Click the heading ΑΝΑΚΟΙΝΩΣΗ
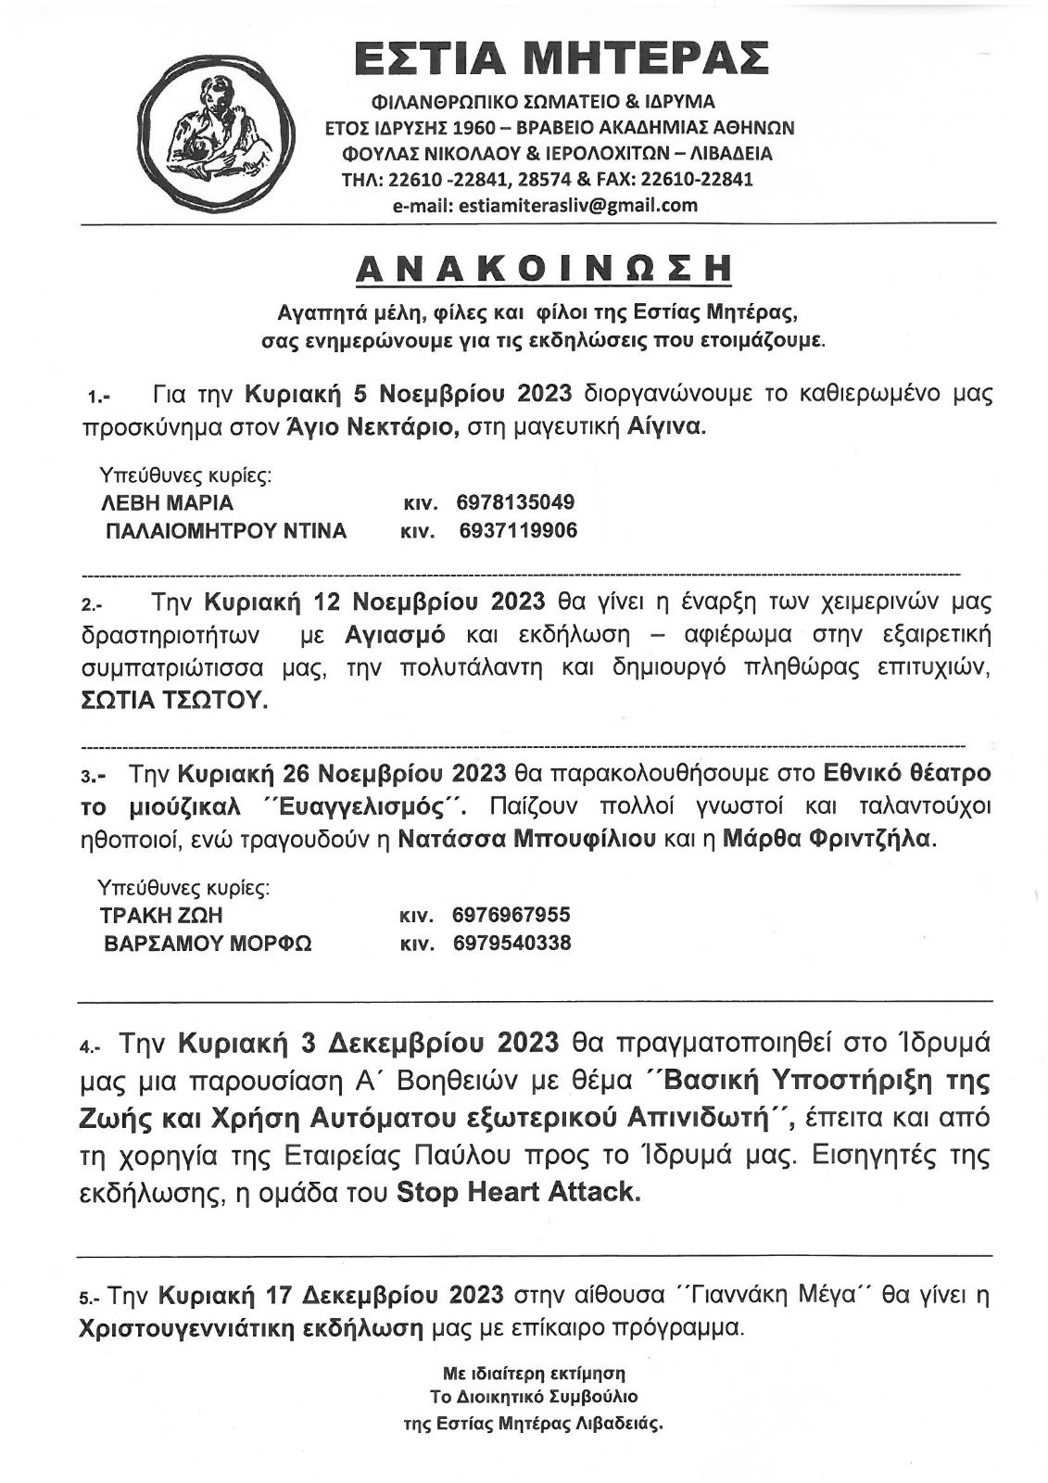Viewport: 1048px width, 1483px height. click(x=545, y=268)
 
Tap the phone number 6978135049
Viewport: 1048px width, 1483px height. click(x=515, y=502)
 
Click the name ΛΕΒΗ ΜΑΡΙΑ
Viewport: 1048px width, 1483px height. click(x=167, y=503)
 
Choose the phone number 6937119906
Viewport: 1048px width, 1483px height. click(x=517, y=530)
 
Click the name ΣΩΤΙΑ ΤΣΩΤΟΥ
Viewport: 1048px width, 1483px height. click(x=175, y=701)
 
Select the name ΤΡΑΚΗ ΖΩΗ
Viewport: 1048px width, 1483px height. click(x=161, y=916)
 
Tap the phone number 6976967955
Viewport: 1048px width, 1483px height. click(x=511, y=916)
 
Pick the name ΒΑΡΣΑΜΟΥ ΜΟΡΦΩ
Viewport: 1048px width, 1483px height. click(x=209, y=944)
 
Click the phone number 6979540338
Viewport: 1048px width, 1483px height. click(x=511, y=944)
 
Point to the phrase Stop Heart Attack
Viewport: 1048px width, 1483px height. click(x=518, y=1192)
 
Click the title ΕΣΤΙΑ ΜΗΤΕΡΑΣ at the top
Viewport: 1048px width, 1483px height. click(x=562, y=57)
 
